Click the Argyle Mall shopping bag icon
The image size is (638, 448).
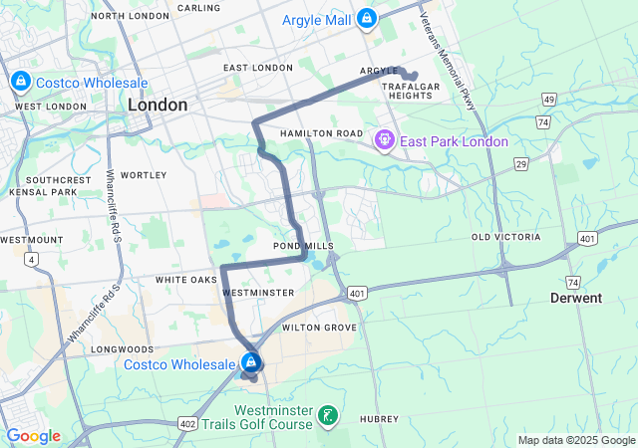pos(367,18)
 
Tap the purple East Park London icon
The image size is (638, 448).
pos(384,141)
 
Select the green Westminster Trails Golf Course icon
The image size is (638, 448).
pos(328,414)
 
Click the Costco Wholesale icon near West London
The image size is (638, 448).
pos(19,82)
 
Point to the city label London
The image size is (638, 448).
pos(158,105)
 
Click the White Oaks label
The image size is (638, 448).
pos(185,281)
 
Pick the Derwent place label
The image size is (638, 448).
pos(576,298)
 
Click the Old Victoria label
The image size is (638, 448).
pos(505,237)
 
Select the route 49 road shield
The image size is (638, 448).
pos(548,100)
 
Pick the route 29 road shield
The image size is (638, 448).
pos(520,162)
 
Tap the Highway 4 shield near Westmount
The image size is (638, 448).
pos(33,260)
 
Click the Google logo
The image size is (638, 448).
pos(33,435)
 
